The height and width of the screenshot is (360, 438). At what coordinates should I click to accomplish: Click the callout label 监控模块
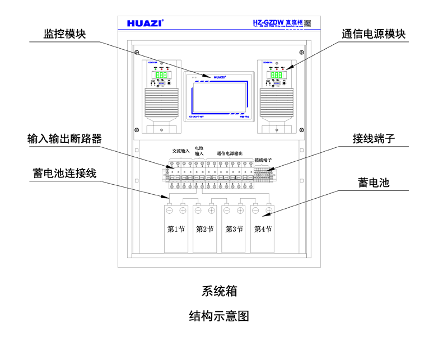[65, 33]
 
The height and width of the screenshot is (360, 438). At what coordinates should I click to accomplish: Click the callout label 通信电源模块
[374, 33]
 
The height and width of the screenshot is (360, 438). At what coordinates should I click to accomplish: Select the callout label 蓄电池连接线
[64, 172]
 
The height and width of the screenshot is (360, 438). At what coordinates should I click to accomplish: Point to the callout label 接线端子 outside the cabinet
[374, 138]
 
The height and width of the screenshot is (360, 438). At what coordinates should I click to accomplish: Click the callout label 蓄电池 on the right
[374, 183]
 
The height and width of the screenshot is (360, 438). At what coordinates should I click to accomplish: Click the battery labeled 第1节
[175, 229]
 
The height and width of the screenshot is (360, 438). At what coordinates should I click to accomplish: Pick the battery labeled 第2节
[204, 229]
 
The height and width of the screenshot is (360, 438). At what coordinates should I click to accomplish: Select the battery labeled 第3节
[234, 229]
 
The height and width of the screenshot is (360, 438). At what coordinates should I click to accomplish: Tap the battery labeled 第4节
[262, 229]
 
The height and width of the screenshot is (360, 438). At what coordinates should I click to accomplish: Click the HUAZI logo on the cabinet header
[145, 24]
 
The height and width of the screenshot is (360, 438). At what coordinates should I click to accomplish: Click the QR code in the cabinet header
[307, 24]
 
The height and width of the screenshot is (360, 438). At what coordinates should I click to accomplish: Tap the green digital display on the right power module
[277, 75]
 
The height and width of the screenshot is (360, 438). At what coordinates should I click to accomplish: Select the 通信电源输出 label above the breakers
[230, 152]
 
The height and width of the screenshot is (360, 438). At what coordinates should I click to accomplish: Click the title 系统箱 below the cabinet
[219, 291]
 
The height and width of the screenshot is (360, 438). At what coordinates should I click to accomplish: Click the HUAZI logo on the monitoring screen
[218, 77]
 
